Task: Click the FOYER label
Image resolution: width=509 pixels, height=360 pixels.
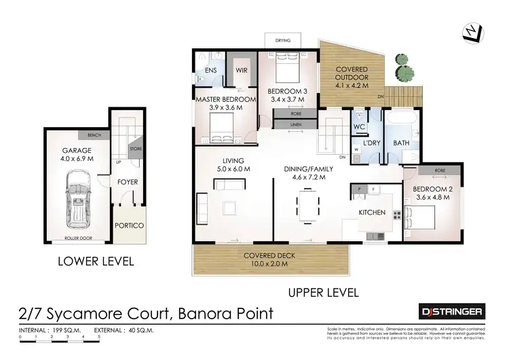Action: coord(128,182)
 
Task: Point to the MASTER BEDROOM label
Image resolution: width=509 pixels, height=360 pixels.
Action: coord(226,100)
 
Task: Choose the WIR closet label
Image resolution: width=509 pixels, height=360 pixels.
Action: coord(242,70)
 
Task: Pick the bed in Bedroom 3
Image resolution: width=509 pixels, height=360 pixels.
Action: coord(288,68)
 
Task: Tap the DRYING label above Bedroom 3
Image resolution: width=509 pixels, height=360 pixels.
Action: coord(283,41)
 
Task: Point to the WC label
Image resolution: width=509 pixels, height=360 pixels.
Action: coord(360,126)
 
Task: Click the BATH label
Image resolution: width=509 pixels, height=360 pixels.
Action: coord(402,143)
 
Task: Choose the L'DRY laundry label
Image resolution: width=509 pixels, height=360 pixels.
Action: coord(371,143)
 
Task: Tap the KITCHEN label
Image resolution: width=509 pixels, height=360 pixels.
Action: coord(372,213)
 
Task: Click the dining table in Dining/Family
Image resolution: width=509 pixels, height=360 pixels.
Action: coord(307,206)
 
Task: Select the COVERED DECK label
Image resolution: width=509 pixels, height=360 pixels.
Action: coord(268,256)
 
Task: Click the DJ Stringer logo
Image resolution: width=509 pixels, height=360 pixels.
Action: coord(449,312)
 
